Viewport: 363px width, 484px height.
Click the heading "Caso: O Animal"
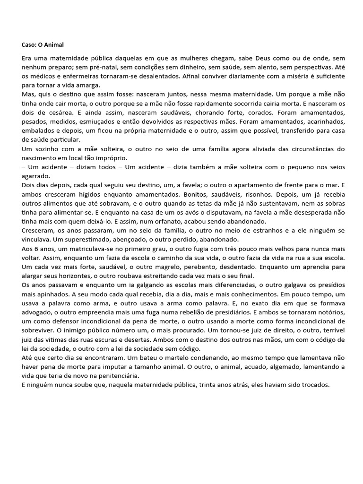click(x=43, y=45)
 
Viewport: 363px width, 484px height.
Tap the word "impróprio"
click(x=117, y=157)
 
